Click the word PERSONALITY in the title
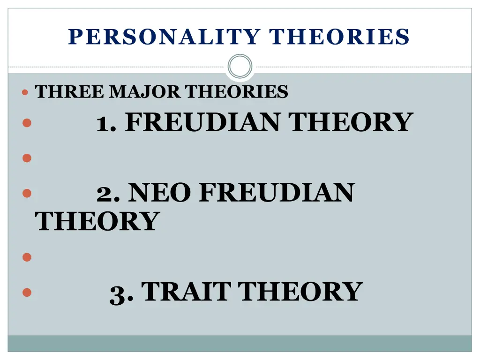[x=165, y=37]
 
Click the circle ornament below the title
[x=240, y=66]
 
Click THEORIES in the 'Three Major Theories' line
[x=236, y=91]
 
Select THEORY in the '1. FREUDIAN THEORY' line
[x=351, y=122]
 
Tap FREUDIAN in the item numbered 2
[x=277, y=193]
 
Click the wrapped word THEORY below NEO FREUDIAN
[x=97, y=221]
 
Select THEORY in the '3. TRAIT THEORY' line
[x=300, y=291]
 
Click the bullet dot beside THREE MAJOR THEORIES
[x=25, y=92]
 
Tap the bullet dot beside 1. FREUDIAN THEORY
[x=26, y=123]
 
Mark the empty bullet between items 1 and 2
[x=26, y=158]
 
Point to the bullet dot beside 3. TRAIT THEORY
[x=26, y=292]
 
